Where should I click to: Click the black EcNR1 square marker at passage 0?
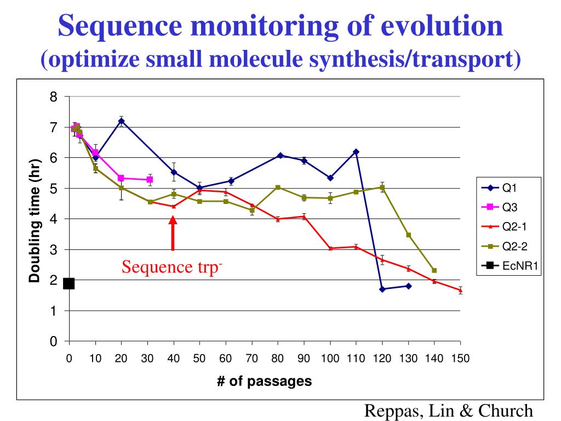pos(69,283)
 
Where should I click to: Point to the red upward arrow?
pos(173,233)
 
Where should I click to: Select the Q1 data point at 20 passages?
pos(122,121)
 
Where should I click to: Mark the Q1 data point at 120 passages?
pos(382,289)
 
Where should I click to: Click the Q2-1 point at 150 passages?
pos(460,291)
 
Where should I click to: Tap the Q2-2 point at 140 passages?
pos(434,270)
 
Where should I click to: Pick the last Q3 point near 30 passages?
pos(150,179)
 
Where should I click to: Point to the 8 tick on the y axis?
pos(53,97)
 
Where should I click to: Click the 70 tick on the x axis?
pos(251,359)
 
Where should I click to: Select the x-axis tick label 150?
pos(460,359)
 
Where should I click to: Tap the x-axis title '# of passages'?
pos(265,382)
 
